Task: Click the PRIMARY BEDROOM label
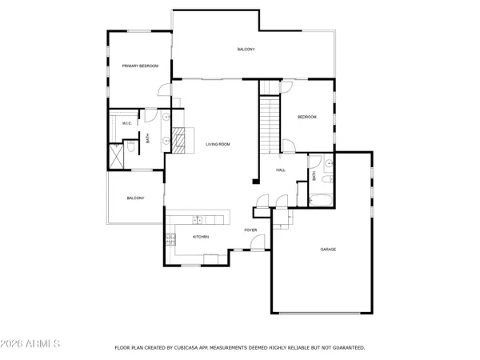click(140, 66)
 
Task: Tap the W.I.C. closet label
click(126, 123)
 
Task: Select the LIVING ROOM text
click(218, 144)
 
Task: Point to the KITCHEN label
click(201, 237)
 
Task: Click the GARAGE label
click(328, 250)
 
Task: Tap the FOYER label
click(250, 230)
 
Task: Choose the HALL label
click(281, 170)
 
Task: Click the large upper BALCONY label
click(246, 50)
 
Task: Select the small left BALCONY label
click(134, 198)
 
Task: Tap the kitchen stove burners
click(171, 237)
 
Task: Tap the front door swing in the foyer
click(262, 200)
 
